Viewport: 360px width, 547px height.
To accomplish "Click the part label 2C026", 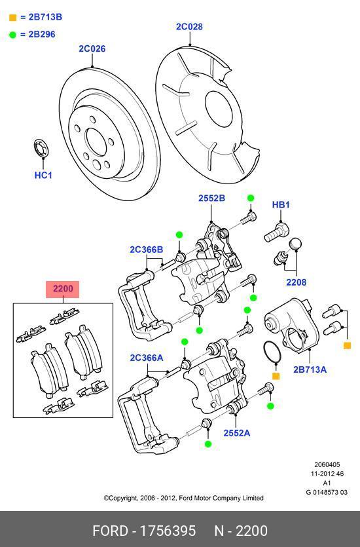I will [92, 48].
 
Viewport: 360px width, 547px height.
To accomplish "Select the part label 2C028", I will [189, 27].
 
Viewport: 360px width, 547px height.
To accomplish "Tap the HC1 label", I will [43, 176].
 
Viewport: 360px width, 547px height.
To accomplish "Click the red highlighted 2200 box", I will [63, 289].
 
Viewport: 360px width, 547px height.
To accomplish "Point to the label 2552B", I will [211, 198].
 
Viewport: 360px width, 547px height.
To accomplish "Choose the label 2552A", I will [236, 433].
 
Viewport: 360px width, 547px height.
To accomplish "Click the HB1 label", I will [281, 205].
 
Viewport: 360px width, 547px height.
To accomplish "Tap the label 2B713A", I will [310, 369].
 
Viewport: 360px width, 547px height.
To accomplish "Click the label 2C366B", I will [146, 250].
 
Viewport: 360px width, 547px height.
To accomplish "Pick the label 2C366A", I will [146, 358].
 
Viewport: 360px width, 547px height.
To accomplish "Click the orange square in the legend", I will [12, 17].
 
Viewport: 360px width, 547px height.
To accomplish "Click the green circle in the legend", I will [12, 34].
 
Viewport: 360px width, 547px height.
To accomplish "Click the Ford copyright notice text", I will [183, 498].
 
